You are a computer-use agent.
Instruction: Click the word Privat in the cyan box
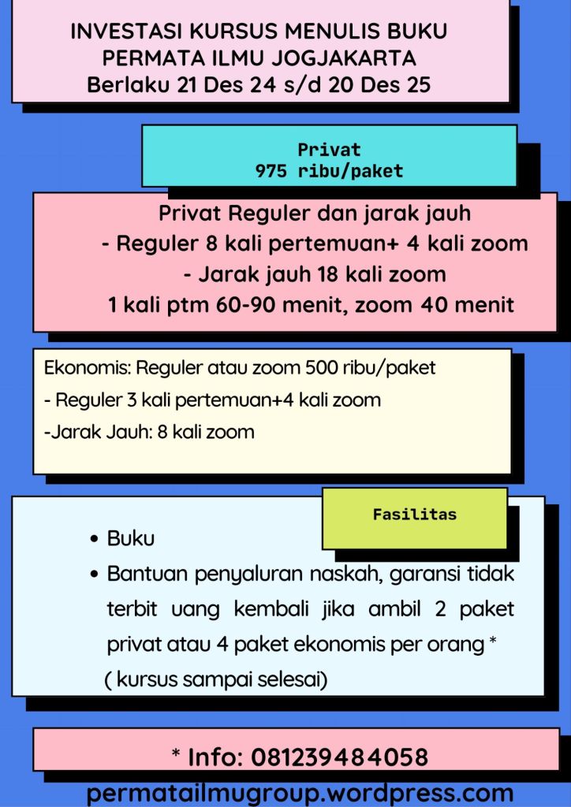(x=329, y=150)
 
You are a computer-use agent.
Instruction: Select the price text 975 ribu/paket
(x=329, y=170)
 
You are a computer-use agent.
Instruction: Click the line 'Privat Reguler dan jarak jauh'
(x=315, y=214)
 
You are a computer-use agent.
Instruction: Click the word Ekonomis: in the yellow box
(x=88, y=368)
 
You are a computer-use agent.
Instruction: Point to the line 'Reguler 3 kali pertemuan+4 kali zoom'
(x=218, y=400)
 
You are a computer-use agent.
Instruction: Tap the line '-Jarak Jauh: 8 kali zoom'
(x=149, y=432)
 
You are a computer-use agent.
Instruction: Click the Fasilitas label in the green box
(x=414, y=515)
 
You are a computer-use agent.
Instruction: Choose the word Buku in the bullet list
(x=131, y=540)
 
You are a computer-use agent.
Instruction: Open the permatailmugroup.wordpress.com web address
(x=300, y=792)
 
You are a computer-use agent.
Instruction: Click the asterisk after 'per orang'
(x=493, y=642)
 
